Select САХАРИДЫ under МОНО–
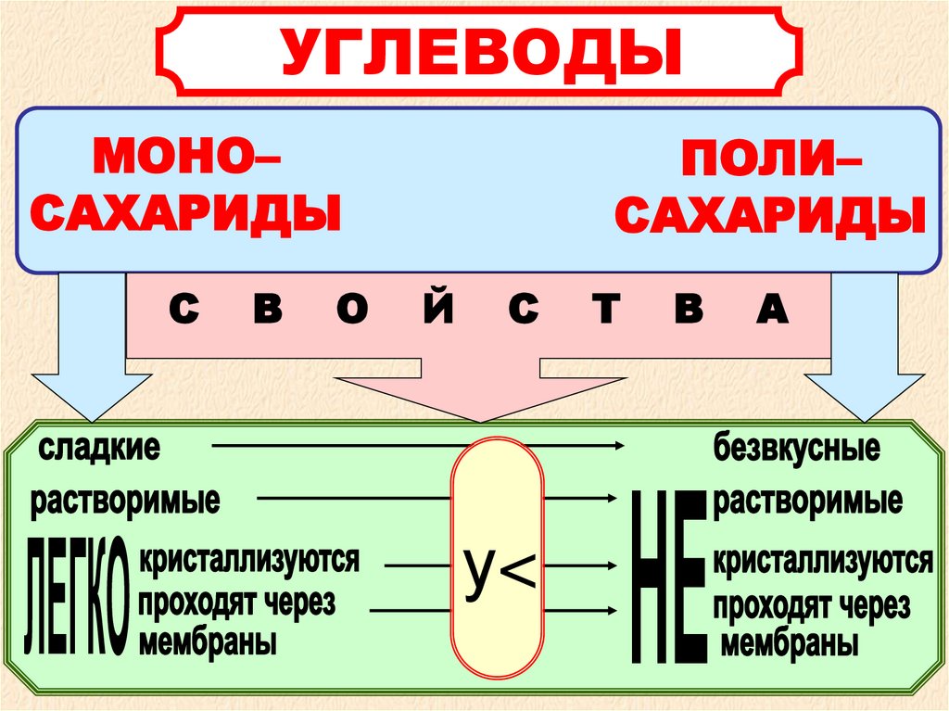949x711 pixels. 186,214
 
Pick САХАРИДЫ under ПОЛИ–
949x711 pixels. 771,220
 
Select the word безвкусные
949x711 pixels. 795,450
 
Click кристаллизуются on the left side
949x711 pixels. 248,560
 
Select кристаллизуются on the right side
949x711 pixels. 822,562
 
